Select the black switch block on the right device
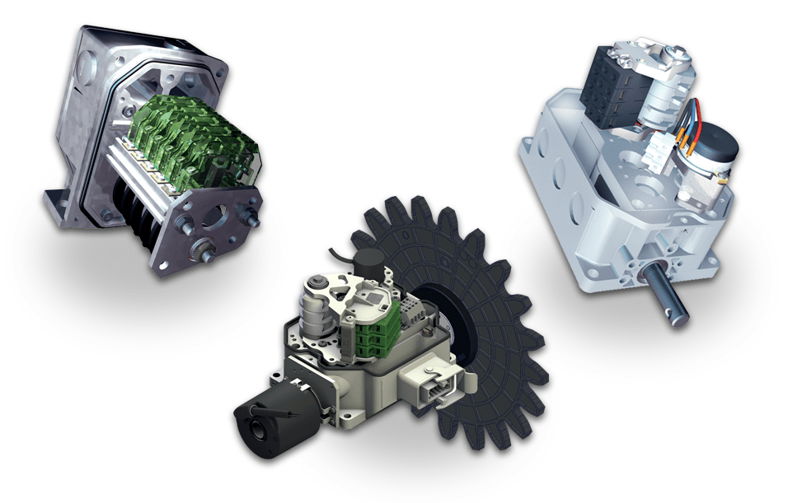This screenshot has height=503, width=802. [611, 90]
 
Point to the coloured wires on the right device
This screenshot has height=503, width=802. [688, 119]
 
